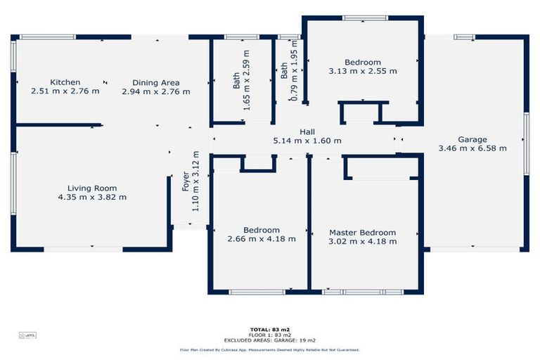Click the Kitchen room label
tap(65, 82)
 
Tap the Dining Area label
tap(155, 82)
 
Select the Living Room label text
tap(92, 188)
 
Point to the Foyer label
tap(186, 181)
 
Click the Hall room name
tap(307, 131)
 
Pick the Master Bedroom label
tap(362, 232)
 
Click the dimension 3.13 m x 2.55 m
tap(362, 71)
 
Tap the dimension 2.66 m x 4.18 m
tap(262, 239)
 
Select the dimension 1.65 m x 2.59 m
tap(246, 72)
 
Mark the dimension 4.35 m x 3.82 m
tap(92, 197)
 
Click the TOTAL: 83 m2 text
tap(269, 329)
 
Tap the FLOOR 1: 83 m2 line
tap(269, 335)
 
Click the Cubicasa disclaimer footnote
tap(269, 349)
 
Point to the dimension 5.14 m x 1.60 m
tap(307, 141)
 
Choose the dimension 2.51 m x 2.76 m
tap(65, 91)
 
